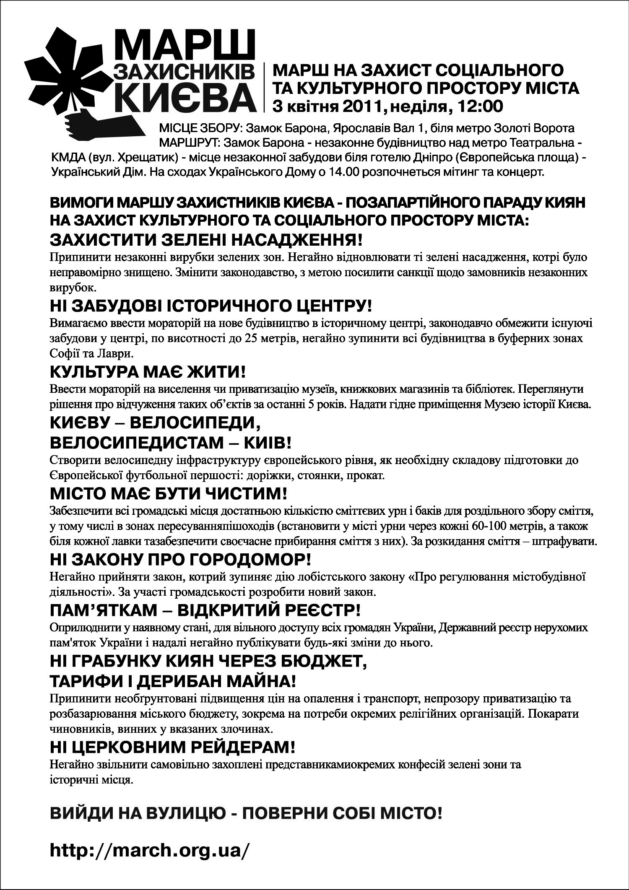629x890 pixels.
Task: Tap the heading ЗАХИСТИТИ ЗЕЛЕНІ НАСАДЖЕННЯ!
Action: coord(205,240)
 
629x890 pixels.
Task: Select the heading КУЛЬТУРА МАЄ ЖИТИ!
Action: coord(147,372)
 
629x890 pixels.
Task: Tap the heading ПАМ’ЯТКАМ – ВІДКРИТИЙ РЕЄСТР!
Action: coord(205,610)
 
